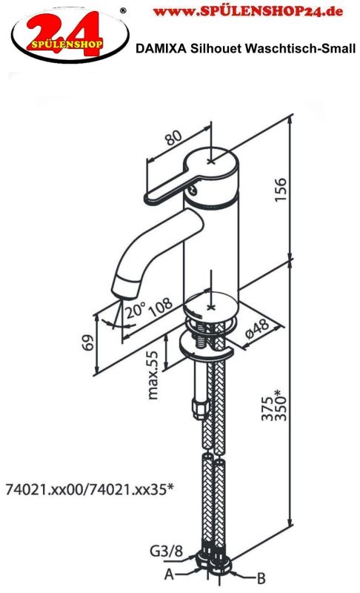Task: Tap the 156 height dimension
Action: point(280,189)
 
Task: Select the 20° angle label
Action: point(136,310)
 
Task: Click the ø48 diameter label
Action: point(257,328)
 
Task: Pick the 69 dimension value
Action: point(88,342)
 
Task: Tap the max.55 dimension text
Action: point(153,376)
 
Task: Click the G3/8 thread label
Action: point(166,551)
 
